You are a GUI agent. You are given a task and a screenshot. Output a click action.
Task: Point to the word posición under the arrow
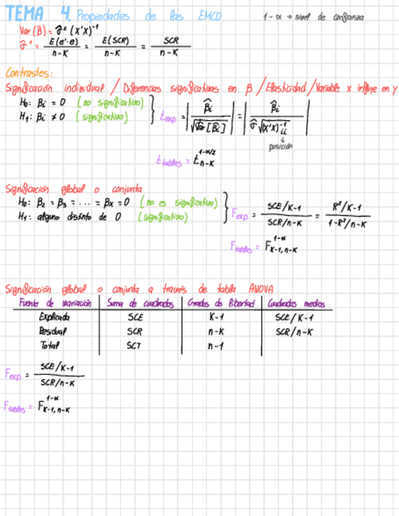coord(280,147)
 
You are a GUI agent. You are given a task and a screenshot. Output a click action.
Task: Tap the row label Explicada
coord(54,317)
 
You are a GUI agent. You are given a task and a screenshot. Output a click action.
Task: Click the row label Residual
coord(52,332)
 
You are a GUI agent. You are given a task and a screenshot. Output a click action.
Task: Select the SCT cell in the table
coord(134,346)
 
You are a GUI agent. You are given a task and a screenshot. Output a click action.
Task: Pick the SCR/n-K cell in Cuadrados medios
coord(294,332)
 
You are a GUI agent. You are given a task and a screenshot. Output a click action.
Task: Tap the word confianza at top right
coord(349,18)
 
